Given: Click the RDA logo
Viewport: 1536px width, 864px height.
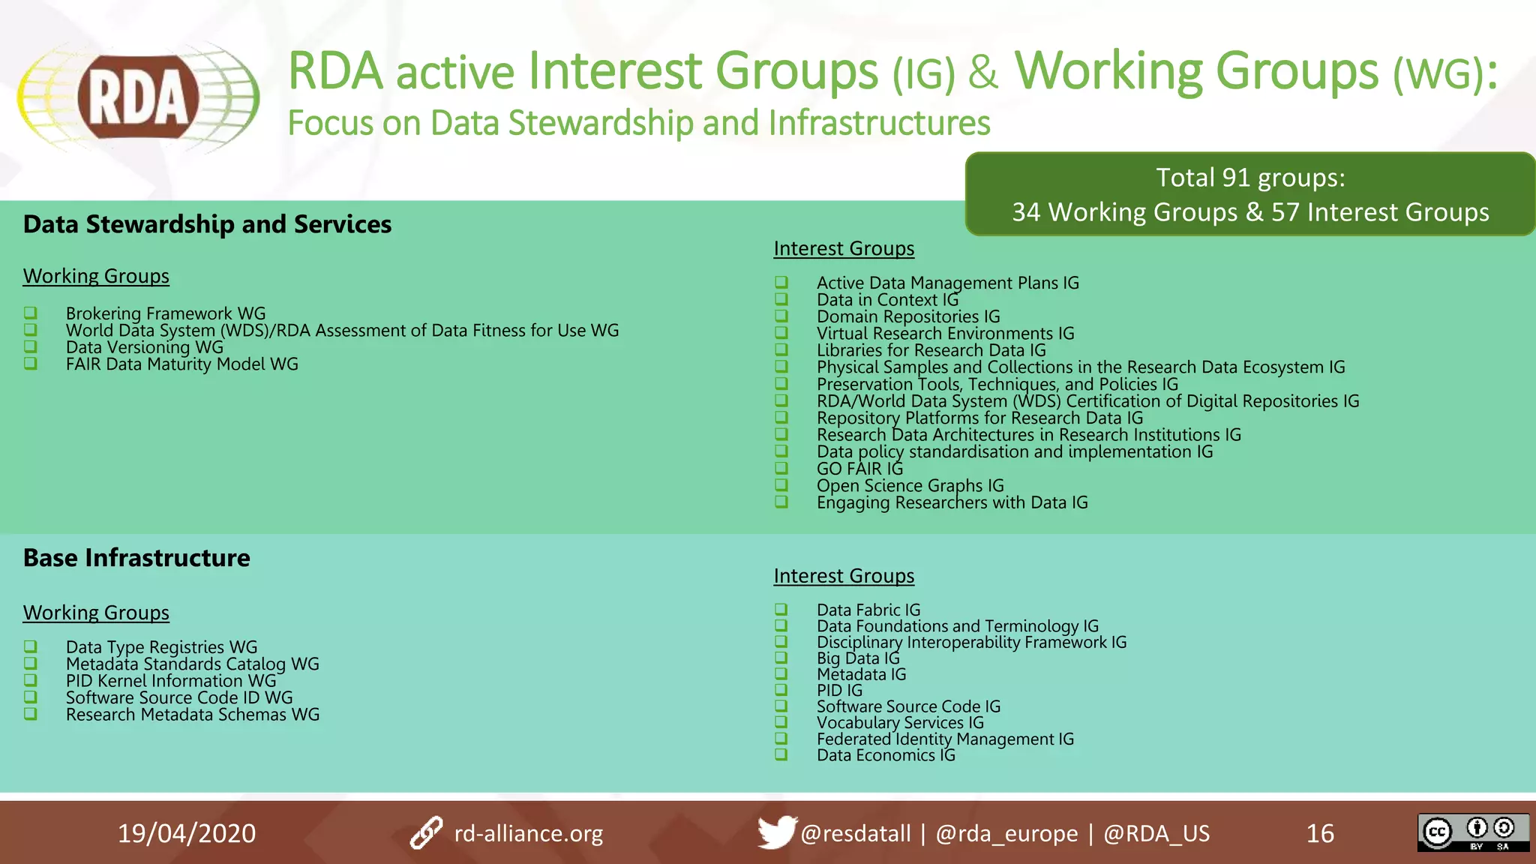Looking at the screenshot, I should pos(139,98).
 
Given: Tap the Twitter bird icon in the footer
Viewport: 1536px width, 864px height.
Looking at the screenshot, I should pos(775,832).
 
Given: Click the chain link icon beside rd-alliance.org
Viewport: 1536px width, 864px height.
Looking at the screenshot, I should pos(426,832).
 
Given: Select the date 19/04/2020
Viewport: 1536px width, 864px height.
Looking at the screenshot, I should pos(187,833).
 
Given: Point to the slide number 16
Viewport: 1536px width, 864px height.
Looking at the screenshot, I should pos(1320,833).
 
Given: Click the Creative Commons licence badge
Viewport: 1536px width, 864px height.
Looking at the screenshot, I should pos(1472,832).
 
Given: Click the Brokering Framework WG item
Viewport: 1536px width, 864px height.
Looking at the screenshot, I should pos(166,313).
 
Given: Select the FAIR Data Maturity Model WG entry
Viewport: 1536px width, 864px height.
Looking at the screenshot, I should pos(182,364).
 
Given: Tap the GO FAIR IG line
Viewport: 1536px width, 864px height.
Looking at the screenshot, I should pos(859,469).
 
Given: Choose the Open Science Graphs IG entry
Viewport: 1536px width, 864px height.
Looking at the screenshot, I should pos(910,486).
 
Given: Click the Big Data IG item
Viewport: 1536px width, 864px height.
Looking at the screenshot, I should pos(858,658).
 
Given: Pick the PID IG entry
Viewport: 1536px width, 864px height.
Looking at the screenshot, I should pos(839,691).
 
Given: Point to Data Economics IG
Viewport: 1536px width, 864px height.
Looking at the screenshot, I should pos(886,755).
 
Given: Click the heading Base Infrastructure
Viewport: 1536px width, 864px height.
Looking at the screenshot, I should pos(136,558).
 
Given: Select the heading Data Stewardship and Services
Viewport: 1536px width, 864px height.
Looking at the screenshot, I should pos(207,224).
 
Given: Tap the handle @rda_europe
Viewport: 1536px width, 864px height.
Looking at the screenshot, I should pos(1006,833).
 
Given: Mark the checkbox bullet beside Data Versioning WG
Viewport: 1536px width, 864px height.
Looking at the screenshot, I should pos(31,346).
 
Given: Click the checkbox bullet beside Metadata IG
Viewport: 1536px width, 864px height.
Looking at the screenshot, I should pos(781,673).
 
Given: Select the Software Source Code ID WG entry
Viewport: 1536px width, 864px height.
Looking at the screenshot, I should pos(179,697).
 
